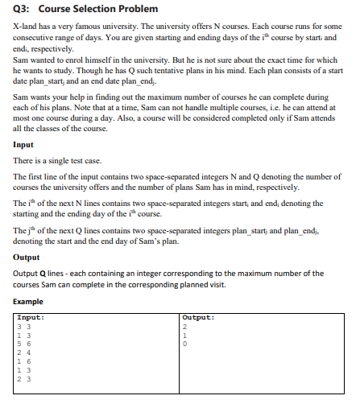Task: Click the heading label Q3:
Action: (x=22, y=10)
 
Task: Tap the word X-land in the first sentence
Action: (x=27, y=28)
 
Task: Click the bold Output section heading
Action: (x=27, y=258)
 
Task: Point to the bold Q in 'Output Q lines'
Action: (x=39, y=274)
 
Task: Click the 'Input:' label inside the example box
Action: (x=31, y=316)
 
